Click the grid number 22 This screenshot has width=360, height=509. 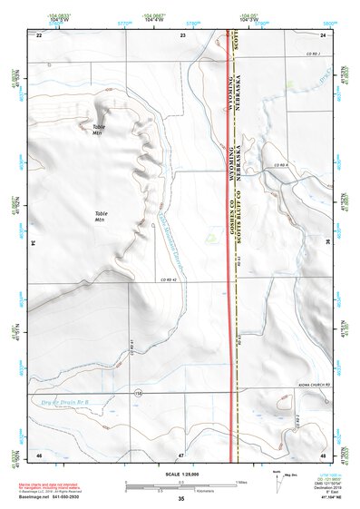39,35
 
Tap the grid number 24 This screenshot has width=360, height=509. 324,35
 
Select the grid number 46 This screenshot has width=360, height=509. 39,454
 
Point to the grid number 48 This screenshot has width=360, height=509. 324,454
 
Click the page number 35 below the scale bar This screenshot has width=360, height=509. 180,499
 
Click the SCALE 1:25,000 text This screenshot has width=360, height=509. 180,475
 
